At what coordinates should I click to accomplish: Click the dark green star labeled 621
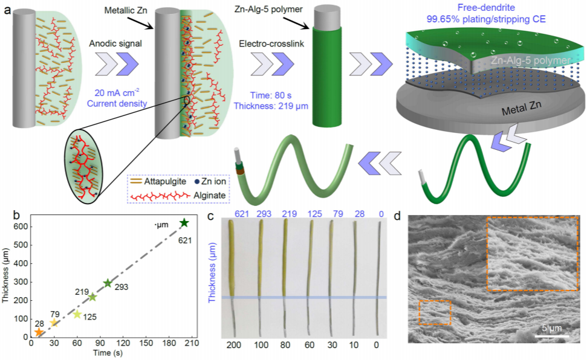(184, 223)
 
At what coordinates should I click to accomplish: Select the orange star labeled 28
(39, 332)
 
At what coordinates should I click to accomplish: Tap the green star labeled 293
(108, 283)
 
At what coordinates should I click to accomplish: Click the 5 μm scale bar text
(552, 329)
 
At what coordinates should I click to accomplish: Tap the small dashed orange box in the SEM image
(435, 312)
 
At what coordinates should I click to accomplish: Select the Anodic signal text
(111, 43)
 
